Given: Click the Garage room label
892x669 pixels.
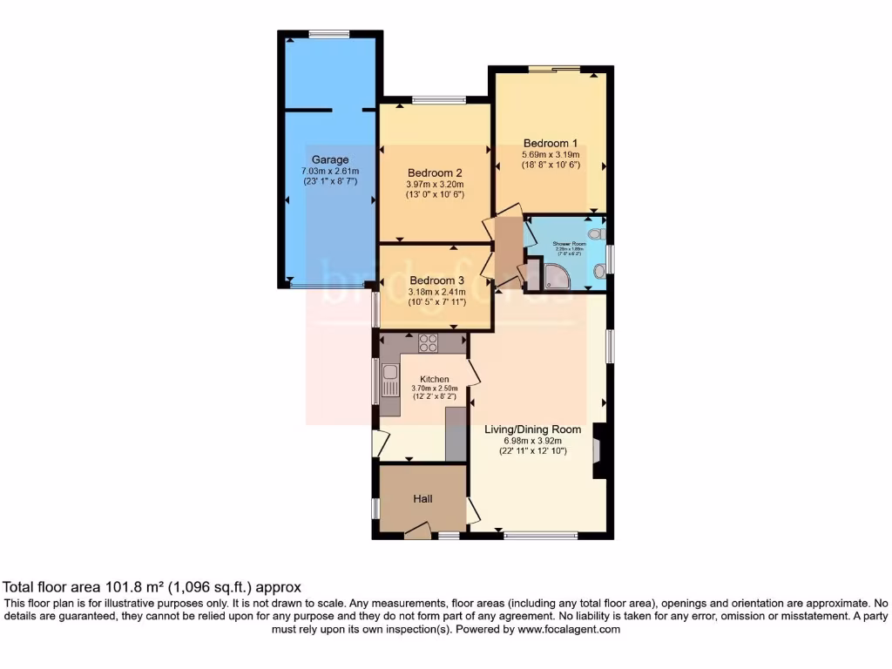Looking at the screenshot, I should [330, 159].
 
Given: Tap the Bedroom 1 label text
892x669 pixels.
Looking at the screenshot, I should [551, 143].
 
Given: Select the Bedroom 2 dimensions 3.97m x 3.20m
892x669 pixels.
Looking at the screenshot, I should [435, 184].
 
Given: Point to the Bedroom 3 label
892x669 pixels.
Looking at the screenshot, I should [435, 280].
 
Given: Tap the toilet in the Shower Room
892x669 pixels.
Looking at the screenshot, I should [595, 234].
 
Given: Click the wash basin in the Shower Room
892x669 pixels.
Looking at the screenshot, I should [598, 272].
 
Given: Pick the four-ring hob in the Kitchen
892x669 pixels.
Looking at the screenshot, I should [428, 343].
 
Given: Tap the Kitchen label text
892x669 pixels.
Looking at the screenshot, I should [435, 379].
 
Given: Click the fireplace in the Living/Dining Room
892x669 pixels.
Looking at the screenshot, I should [598, 450].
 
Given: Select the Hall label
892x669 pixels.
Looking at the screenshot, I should [422, 498].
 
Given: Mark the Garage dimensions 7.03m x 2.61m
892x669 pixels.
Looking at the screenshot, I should [330, 172].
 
